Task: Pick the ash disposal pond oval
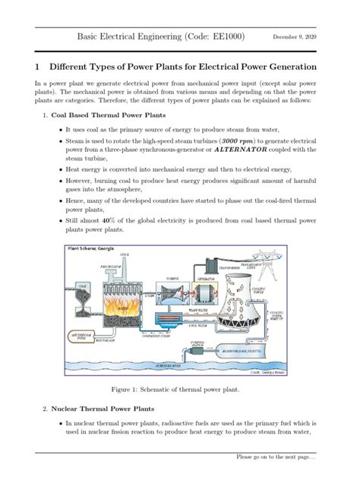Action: point(85,336)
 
